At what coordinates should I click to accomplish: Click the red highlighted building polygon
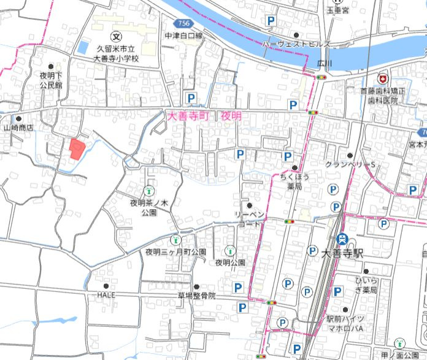pos(76,149)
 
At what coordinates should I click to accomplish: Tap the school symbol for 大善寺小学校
pos(117,36)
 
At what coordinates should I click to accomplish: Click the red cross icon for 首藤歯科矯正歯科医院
pos(383,80)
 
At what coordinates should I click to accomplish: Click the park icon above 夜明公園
pos(230,250)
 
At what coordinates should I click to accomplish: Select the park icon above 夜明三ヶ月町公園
pos(175,240)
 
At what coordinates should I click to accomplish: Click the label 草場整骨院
pos(196,296)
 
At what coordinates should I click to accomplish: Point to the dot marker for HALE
pos(106,286)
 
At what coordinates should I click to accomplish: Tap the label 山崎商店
pos(18,128)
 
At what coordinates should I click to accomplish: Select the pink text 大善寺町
pos(188,115)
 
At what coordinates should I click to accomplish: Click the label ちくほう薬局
pos(294,181)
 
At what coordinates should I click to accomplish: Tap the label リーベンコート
pos(250,219)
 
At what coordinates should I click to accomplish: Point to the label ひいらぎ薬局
pos(366,285)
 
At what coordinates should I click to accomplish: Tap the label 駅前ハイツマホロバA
pos(345,324)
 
